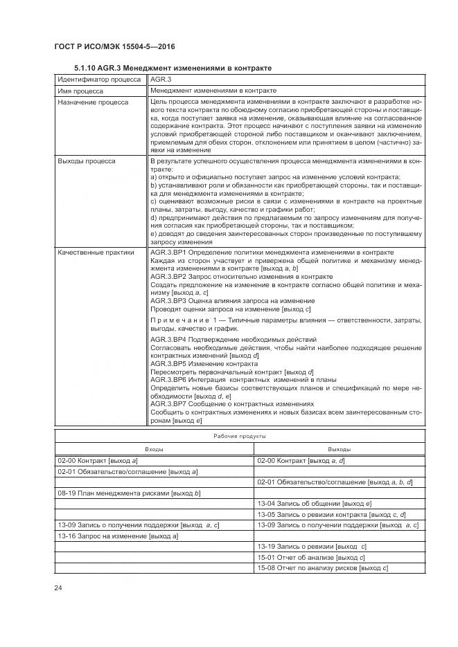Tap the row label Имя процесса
80,91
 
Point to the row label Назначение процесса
93,102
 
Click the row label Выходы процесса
87,161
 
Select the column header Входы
155,449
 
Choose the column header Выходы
339,449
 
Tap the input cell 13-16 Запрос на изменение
118,536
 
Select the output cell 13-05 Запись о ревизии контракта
331,515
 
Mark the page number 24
59,588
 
